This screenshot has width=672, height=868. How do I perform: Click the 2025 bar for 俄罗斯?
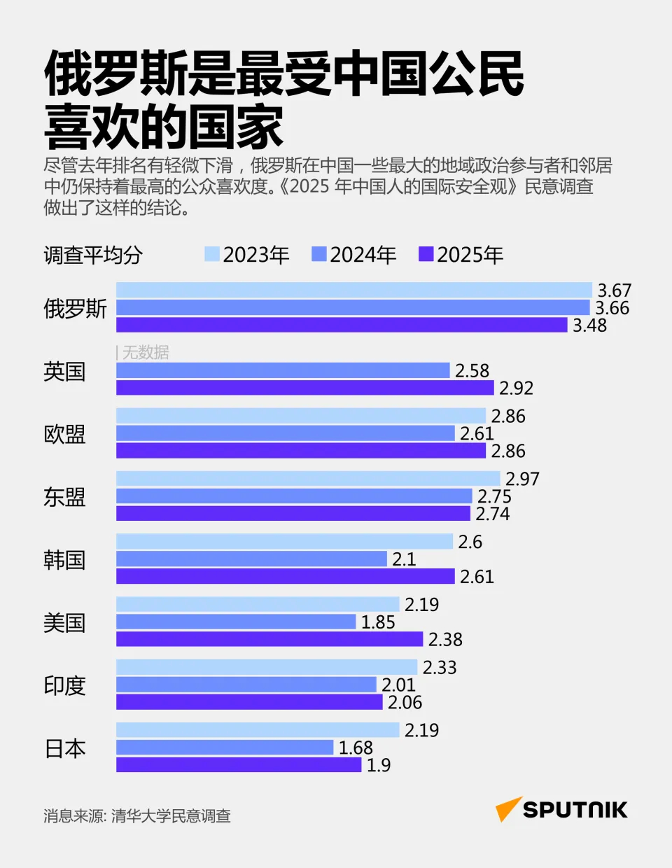(x=342, y=325)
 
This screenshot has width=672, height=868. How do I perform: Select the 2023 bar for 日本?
(x=258, y=730)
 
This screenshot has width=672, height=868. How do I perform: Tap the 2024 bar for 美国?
(x=236, y=622)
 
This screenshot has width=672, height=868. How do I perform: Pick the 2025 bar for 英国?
(x=305, y=388)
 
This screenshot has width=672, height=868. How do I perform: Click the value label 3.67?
(x=614, y=290)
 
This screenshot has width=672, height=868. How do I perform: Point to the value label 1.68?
(x=356, y=748)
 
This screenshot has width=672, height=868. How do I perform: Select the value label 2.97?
(x=522, y=479)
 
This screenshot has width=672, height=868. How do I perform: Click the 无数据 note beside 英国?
(x=146, y=353)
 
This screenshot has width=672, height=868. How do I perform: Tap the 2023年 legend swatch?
(x=212, y=254)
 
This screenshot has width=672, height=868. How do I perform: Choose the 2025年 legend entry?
(x=461, y=255)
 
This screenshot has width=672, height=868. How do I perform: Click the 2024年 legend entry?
(x=354, y=255)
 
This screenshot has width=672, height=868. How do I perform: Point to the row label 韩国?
(x=64, y=560)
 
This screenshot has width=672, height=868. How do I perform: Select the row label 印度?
(x=64, y=685)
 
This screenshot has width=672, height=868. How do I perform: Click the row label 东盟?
(x=64, y=497)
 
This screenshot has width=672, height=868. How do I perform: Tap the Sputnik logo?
(x=561, y=809)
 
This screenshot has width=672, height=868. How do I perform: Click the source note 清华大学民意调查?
(x=171, y=816)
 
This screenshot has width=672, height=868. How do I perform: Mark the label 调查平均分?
(x=93, y=255)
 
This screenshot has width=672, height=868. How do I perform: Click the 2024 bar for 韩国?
(x=251, y=559)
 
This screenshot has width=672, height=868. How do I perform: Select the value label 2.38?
(x=445, y=639)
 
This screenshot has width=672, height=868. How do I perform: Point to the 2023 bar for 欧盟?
(x=301, y=416)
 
